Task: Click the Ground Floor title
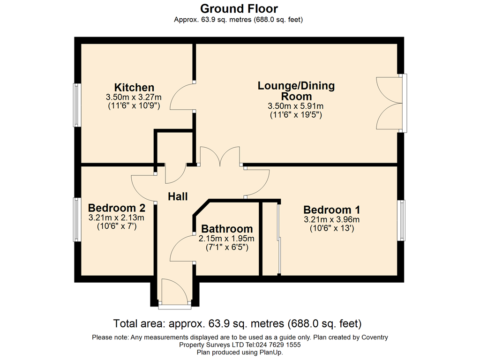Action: coord(239,8)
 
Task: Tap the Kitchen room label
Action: coord(134,88)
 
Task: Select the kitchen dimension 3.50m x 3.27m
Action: coord(134,97)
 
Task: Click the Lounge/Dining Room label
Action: coord(296,91)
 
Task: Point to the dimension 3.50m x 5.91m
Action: coord(296,106)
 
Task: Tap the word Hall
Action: coord(178,196)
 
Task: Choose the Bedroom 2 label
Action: coord(117,208)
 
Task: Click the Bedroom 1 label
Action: coord(332,210)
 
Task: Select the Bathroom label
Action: coord(227,229)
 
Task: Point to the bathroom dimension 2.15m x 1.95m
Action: coord(226,239)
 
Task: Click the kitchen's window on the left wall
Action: coord(76,105)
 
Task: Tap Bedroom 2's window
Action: coord(76,219)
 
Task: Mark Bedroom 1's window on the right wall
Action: coord(401,220)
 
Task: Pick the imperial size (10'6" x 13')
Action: coord(332,228)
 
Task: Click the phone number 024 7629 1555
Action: coord(278,345)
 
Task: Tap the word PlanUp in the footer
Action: coord(270,352)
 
